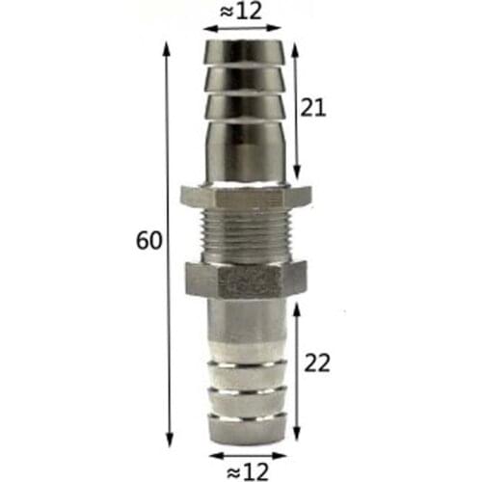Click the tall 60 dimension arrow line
tap(171, 241)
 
